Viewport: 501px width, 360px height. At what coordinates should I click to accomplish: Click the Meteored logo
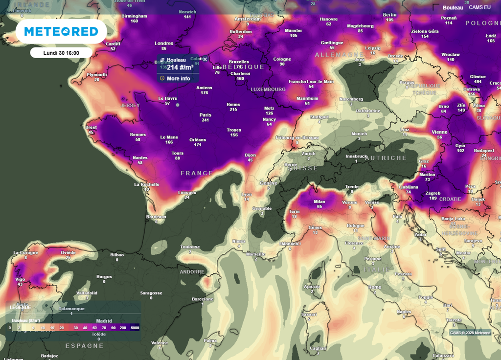coord(61,32)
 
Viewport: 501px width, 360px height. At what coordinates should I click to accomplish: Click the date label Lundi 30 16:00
coord(61,53)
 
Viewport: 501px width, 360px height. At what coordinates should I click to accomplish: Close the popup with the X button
coord(205,59)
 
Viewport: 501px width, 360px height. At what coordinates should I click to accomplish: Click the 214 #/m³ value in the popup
coord(180,68)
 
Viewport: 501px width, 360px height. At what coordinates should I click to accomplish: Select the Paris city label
coord(205,115)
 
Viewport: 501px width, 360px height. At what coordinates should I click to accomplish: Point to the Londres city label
coord(164,44)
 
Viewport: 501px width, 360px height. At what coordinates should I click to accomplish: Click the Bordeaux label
coord(157,217)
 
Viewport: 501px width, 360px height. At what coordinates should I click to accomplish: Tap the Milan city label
coord(319,202)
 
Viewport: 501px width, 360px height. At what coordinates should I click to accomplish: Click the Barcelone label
coord(203,299)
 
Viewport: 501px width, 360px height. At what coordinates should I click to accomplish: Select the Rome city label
coord(375,287)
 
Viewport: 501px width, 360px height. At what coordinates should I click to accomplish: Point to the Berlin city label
coord(389,15)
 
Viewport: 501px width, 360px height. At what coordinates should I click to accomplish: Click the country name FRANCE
coord(197,173)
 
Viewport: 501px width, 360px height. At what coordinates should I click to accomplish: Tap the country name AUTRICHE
coord(386,158)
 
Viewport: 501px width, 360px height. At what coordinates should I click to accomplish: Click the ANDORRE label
coord(192,272)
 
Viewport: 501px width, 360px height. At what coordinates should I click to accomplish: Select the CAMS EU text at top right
coord(479,7)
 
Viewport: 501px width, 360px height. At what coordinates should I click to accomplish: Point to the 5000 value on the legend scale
coord(135,328)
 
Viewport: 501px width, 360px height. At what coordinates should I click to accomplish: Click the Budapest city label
coord(484,151)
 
